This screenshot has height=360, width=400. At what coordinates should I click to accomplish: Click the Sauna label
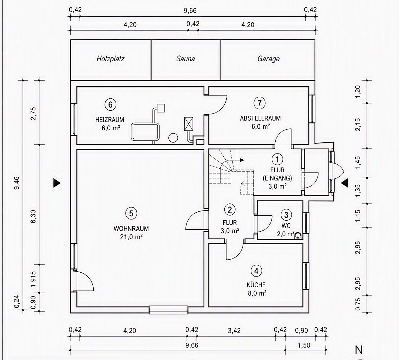(186, 59)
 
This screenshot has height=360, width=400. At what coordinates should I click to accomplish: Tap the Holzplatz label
(110, 59)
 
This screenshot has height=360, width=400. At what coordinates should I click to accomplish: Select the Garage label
(268, 59)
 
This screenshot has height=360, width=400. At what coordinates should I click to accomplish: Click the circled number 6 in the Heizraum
(110, 105)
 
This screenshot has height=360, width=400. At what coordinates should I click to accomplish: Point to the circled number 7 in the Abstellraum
(260, 103)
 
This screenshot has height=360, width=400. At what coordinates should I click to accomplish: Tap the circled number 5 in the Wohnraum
(131, 213)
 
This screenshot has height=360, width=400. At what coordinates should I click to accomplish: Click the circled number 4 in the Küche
(256, 271)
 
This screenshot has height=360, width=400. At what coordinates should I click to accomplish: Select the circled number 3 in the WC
(286, 215)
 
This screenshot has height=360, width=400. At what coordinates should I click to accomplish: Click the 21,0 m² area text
(131, 237)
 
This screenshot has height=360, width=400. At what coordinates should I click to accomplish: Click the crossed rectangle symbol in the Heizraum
(189, 124)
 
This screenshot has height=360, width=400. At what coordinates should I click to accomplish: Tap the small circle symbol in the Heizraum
(173, 138)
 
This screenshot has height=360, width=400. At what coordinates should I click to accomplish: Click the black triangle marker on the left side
(57, 183)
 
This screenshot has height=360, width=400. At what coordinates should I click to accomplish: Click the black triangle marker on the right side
(345, 183)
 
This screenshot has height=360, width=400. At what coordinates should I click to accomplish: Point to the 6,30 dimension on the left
(33, 217)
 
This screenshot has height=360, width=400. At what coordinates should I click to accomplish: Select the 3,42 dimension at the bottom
(234, 331)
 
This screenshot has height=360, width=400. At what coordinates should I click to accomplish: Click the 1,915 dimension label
(33, 279)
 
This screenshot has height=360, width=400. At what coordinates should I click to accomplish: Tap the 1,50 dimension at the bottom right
(304, 345)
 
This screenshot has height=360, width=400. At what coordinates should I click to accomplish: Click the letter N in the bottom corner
(359, 350)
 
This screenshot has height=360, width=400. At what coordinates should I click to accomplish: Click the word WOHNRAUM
(131, 228)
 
